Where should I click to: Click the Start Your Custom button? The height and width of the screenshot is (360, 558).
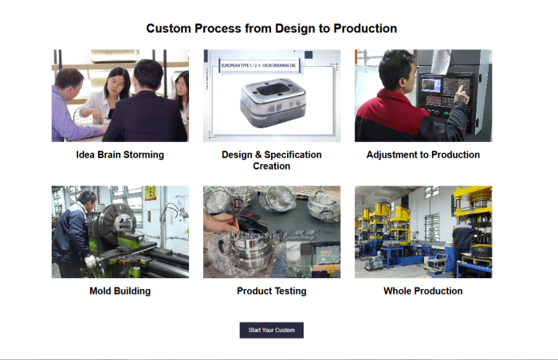(x=271, y=330)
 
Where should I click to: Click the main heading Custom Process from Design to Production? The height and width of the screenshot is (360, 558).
(x=271, y=29)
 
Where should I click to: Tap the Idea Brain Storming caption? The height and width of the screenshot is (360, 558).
(x=120, y=155)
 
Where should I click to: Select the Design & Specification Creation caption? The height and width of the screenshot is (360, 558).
(x=271, y=160)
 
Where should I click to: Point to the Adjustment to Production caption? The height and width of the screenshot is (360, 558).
(x=422, y=155)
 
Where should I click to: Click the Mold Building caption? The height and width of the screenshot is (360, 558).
(x=120, y=291)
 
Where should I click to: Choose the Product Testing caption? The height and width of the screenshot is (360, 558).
(x=271, y=291)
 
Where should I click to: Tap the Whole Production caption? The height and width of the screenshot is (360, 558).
(x=422, y=291)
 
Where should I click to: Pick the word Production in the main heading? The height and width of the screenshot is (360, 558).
(x=365, y=29)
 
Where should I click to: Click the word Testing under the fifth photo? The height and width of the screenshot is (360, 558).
(x=289, y=291)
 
